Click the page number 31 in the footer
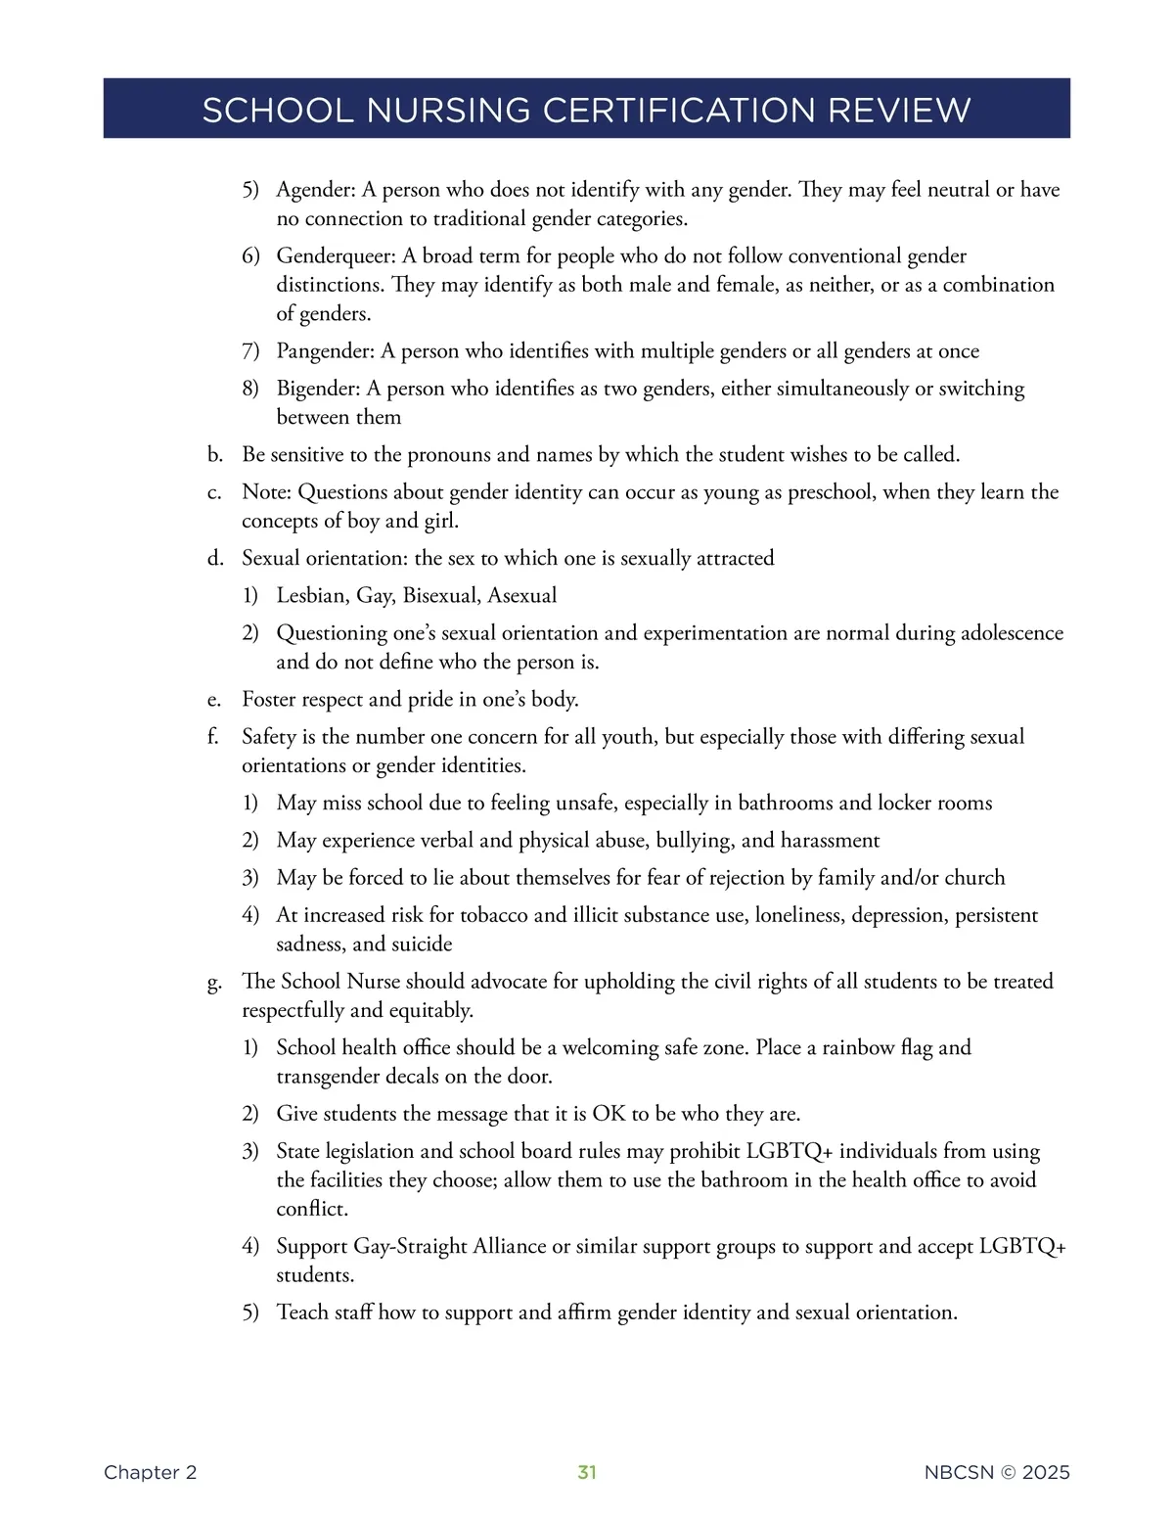(x=587, y=1472)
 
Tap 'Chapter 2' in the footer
(x=150, y=1472)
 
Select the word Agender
(x=314, y=190)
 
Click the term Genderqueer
(x=336, y=256)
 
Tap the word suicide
(x=422, y=944)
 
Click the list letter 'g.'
(x=214, y=983)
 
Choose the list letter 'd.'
(x=215, y=559)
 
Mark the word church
(x=974, y=878)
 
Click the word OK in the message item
(x=609, y=1114)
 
